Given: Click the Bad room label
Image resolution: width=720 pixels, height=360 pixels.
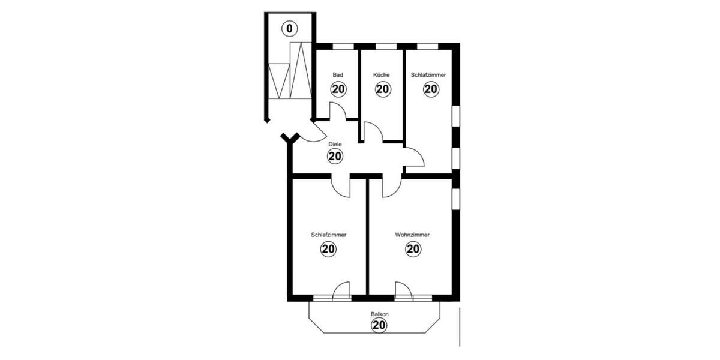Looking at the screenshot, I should tap(338, 75).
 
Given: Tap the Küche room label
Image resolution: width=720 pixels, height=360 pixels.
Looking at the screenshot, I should tap(382, 75).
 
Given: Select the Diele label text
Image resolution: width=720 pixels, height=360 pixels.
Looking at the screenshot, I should tap(335, 145).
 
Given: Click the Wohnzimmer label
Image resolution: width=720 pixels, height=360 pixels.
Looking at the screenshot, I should tap(412, 235).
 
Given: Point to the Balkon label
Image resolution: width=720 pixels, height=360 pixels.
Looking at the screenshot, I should tap(379, 314).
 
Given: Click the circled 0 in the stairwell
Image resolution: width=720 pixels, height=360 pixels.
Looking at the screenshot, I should tap(290, 28).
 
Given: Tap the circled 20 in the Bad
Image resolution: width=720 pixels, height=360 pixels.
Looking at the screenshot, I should tap(338, 89).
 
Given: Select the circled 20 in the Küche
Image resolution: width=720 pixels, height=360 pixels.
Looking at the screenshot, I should tap(383, 89).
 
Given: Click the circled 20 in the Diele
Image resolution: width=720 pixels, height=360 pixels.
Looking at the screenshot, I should tap(335, 157).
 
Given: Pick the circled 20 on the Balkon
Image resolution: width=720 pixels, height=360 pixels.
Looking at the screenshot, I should tap(379, 326).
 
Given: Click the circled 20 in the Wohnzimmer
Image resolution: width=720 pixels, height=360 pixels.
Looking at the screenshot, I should tap(413, 250).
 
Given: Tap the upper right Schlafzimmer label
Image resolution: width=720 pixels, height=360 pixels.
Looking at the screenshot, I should tap(428, 75).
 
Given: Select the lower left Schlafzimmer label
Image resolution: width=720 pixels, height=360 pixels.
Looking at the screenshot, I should tap(329, 235).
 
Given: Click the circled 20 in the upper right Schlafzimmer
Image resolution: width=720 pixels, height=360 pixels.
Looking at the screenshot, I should tap(430, 89).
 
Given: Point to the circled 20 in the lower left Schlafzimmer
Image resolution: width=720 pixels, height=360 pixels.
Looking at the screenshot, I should tap(329, 250).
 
